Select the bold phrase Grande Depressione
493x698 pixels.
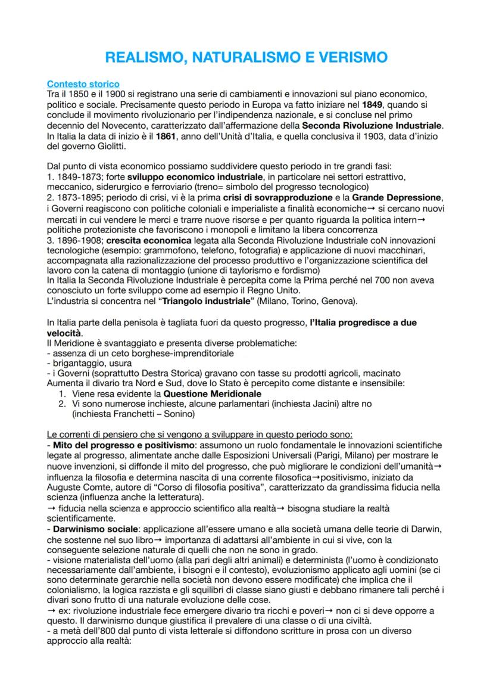tap(392, 197)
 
